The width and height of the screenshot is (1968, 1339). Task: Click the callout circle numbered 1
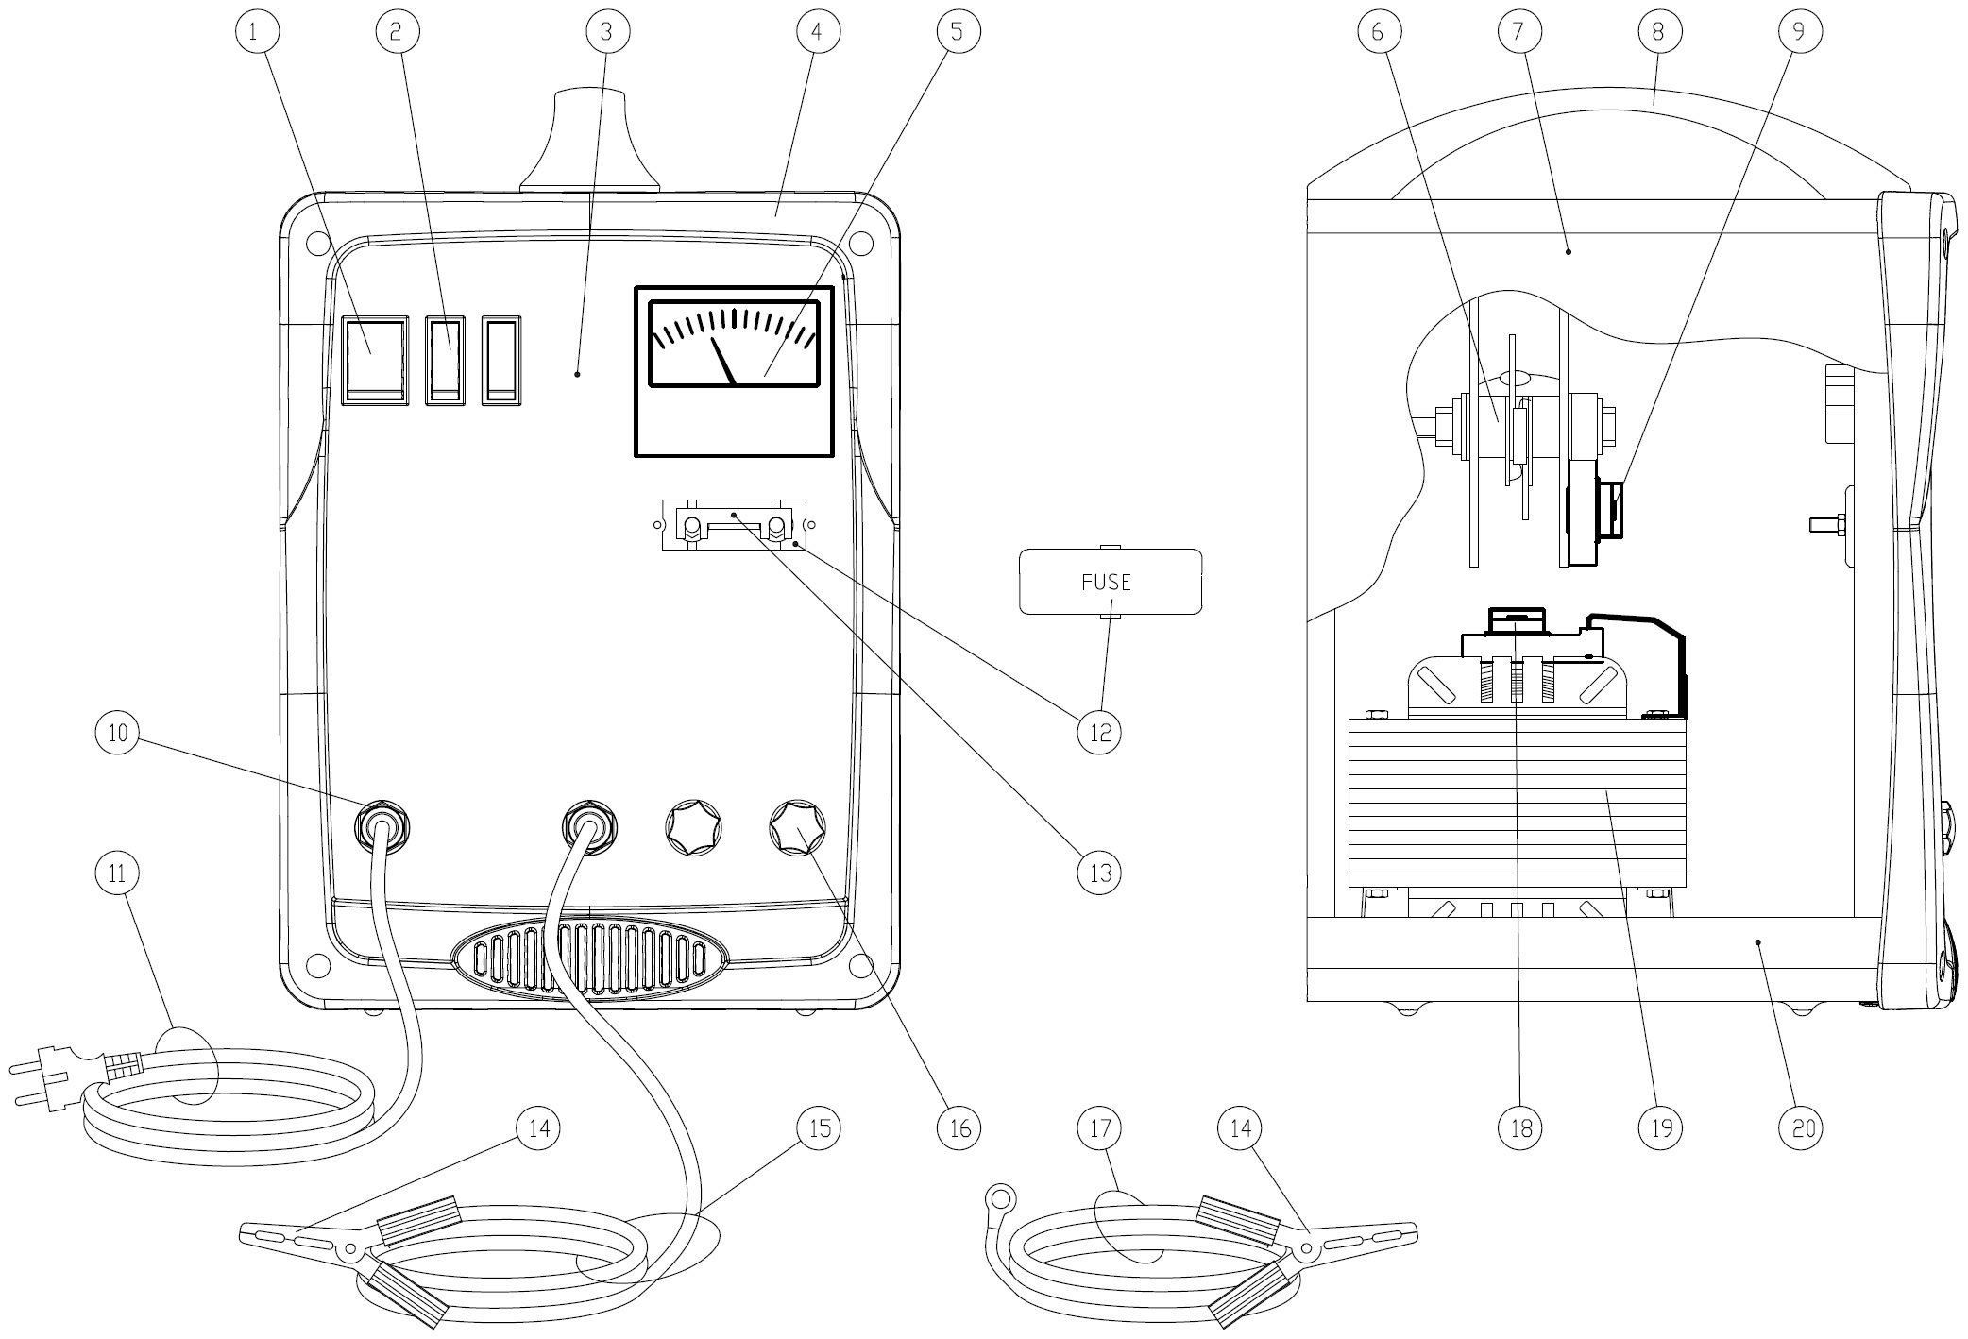[253, 32]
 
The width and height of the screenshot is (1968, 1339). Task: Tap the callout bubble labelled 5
[958, 32]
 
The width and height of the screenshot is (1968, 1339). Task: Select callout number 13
[1099, 873]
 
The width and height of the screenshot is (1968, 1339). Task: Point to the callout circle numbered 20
[1801, 1127]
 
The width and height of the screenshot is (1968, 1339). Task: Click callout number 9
[1798, 32]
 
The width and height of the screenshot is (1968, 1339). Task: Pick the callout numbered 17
[1099, 1127]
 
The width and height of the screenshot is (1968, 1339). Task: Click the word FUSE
[1106, 582]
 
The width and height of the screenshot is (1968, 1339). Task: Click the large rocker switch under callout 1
[375, 362]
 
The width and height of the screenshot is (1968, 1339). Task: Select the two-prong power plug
[47, 1074]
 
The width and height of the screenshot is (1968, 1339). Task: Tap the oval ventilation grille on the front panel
[592, 959]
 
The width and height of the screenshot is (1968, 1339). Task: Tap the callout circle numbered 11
[117, 873]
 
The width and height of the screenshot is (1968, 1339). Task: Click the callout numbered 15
[818, 1127]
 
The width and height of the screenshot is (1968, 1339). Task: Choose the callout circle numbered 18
[1520, 1127]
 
